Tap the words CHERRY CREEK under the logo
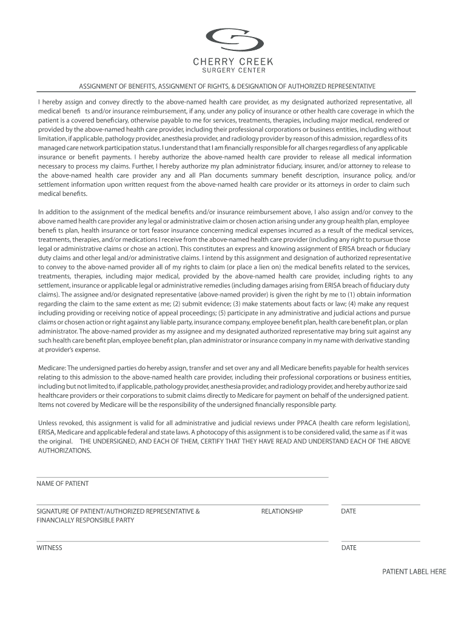233,62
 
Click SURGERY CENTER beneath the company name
233,70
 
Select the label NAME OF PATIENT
62,484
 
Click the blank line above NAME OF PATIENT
182,477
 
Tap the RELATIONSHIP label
281,512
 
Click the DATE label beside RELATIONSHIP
349,512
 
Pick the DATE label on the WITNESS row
349,548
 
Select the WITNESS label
50,548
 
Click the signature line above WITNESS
182,541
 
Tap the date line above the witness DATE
380,541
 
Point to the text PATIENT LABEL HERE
414,572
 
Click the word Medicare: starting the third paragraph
52,368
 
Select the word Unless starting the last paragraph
48,423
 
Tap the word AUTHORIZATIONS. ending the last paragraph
65,451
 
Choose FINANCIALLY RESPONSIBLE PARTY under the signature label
86,521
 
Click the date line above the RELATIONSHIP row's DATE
380,505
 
